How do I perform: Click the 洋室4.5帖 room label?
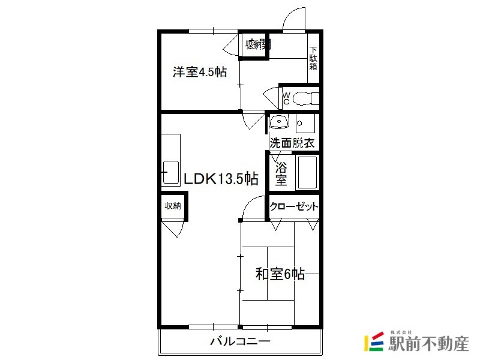(x=200, y=72)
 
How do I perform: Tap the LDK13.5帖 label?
(x=221, y=178)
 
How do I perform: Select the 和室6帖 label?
(x=280, y=274)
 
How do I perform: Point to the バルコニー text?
(x=241, y=341)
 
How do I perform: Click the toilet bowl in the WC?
(x=306, y=98)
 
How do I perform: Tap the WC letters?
(x=286, y=98)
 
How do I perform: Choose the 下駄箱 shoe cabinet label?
(x=313, y=58)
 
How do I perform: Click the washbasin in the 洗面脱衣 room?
(x=279, y=122)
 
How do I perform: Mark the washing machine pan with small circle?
(x=305, y=124)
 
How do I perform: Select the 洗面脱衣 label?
(x=292, y=143)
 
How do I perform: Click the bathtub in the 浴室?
(x=307, y=173)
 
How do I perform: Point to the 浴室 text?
(x=281, y=173)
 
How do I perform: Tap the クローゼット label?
(x=294, y=206)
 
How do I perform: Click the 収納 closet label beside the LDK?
(x=173, y=206)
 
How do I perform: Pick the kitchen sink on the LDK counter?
(x=170, y=172)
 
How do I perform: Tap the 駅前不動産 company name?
(x=428, y=344)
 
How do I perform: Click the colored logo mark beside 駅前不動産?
(x=374, y=341)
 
